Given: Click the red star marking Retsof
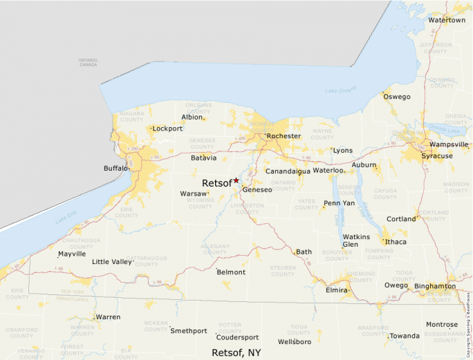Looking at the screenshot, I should pos(236,180).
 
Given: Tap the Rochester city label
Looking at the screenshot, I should pos(284,136).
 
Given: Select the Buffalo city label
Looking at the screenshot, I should pos(115,168).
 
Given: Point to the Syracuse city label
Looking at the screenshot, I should pos(437,156).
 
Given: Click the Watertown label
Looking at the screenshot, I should pos(447,20).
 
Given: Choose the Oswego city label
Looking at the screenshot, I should pos(397,97).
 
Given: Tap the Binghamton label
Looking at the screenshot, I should pos(435,286).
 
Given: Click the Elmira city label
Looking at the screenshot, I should pos(337,290).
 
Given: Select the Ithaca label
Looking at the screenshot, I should pos(396,242).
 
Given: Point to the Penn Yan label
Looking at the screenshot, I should pos(339,204).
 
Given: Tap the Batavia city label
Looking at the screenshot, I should pos(204,158).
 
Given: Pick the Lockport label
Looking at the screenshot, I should pos(167,129).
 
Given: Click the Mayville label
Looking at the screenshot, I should pos(72,254).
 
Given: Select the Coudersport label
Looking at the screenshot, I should pos(237,338).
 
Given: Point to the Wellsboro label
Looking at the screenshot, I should pos(295,342).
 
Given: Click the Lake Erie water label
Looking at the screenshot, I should pos(64,219).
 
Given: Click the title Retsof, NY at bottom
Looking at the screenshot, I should pos(236,352).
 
